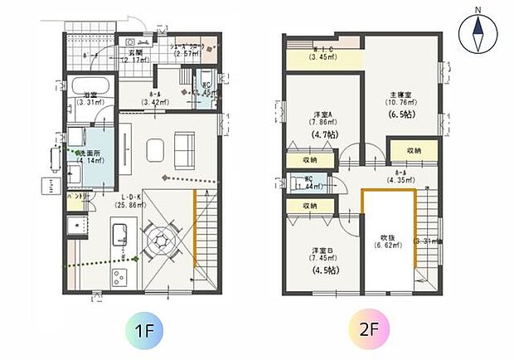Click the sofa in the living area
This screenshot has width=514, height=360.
point(184,149)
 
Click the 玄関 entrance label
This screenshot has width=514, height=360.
point(134,52)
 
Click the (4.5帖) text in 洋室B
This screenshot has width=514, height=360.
point(319,270)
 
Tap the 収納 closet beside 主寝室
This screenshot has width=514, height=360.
point(412,151)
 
